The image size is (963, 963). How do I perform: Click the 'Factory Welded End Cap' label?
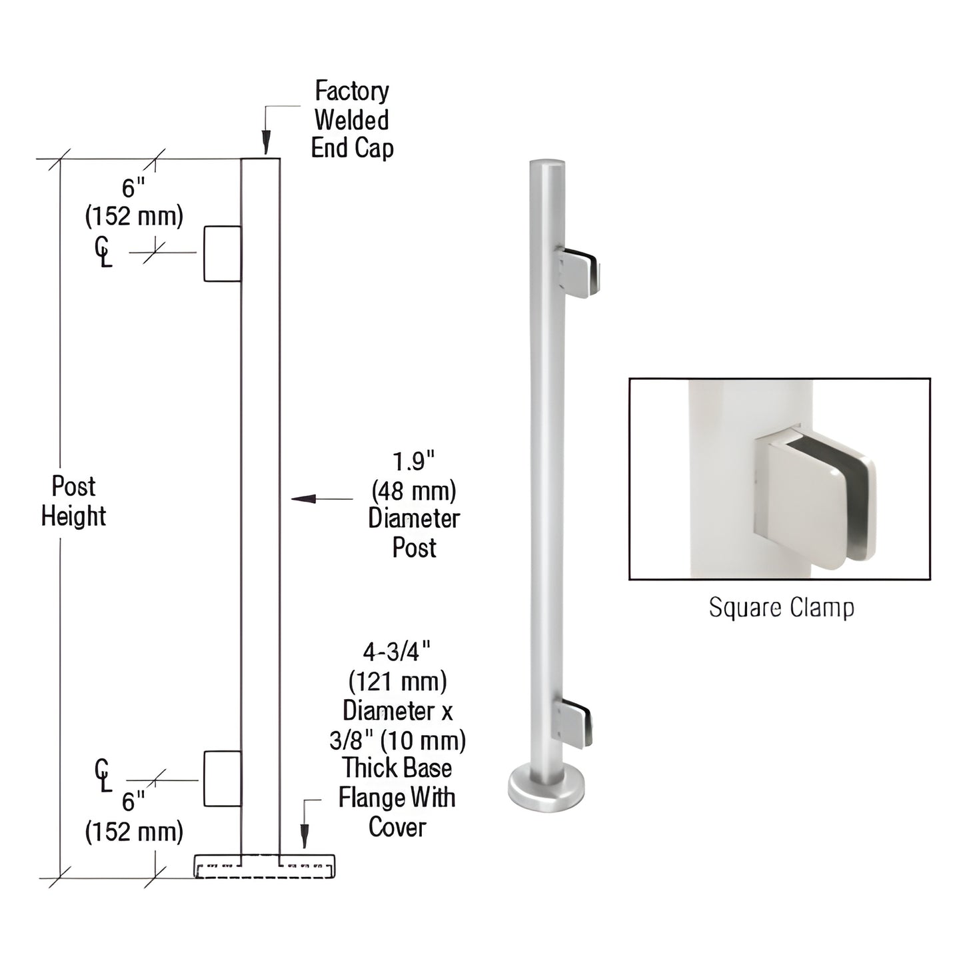point(352,119)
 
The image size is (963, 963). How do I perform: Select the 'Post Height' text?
point(73,501)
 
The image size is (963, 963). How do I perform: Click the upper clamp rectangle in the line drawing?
point(222,253)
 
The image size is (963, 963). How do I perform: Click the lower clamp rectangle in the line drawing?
point(222,778)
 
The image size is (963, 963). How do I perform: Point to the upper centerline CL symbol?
point(103,253)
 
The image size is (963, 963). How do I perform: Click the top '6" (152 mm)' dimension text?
point(133,202)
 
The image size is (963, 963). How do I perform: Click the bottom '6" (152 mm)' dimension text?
point(133,816)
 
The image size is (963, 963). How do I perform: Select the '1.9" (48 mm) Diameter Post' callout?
point(414,504)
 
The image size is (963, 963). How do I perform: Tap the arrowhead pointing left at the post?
point(301,498)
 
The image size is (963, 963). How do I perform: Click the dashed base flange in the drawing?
point(265,866)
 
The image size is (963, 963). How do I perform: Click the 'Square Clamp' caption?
point(780,608)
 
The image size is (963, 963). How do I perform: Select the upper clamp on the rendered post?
point(578,271)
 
